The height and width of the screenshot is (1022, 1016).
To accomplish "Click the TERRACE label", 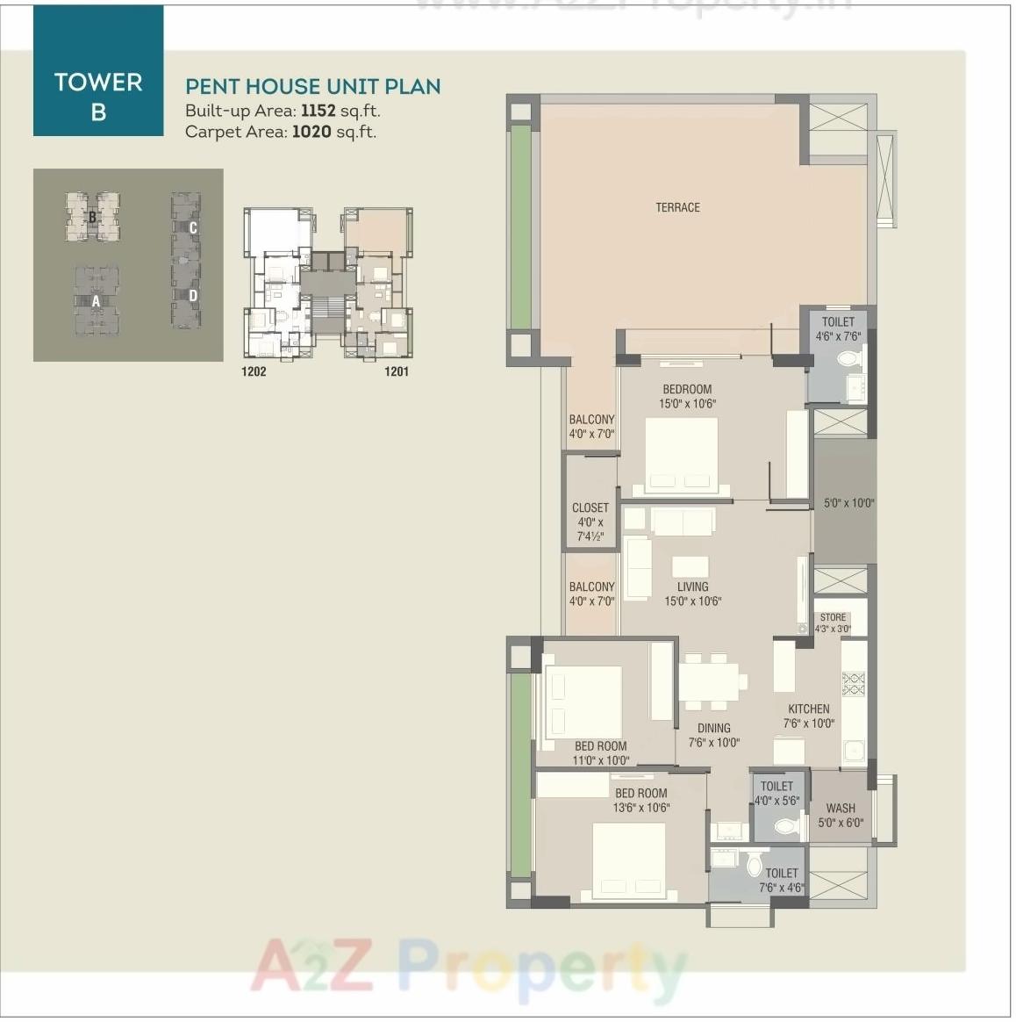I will (x=677, y=207).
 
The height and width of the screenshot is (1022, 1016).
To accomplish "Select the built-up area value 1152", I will (x=318, y=112).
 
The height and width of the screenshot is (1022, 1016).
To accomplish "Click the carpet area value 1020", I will (x=311, y=133).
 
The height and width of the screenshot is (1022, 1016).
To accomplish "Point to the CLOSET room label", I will (x=590, y=508).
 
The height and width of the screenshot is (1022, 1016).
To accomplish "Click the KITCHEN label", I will (x=808, y=709).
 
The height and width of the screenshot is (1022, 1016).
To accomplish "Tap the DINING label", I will (x=713, y=728).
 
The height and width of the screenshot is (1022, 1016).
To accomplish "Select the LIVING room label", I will (x=692, y=587).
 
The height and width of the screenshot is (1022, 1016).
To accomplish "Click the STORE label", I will (x=833, y=617).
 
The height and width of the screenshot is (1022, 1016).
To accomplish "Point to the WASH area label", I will (x=840, y=808).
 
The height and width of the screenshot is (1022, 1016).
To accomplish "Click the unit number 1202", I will (x=254, y=371).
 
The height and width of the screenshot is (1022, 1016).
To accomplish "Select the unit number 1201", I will (x=397, y=371).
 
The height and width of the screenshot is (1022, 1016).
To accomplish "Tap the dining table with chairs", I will (x=712, y=681).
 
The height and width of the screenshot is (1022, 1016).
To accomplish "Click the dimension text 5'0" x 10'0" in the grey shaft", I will (x=848, y=503).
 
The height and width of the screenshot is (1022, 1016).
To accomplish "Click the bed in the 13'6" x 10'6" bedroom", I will (x=628, y=861).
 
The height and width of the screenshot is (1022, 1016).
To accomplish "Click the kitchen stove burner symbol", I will (x=853, y=683).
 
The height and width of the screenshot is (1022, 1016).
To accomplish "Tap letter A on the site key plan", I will (x=96, y=301).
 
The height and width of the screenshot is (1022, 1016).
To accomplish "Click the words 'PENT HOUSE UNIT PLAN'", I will (x=312, y=86).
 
